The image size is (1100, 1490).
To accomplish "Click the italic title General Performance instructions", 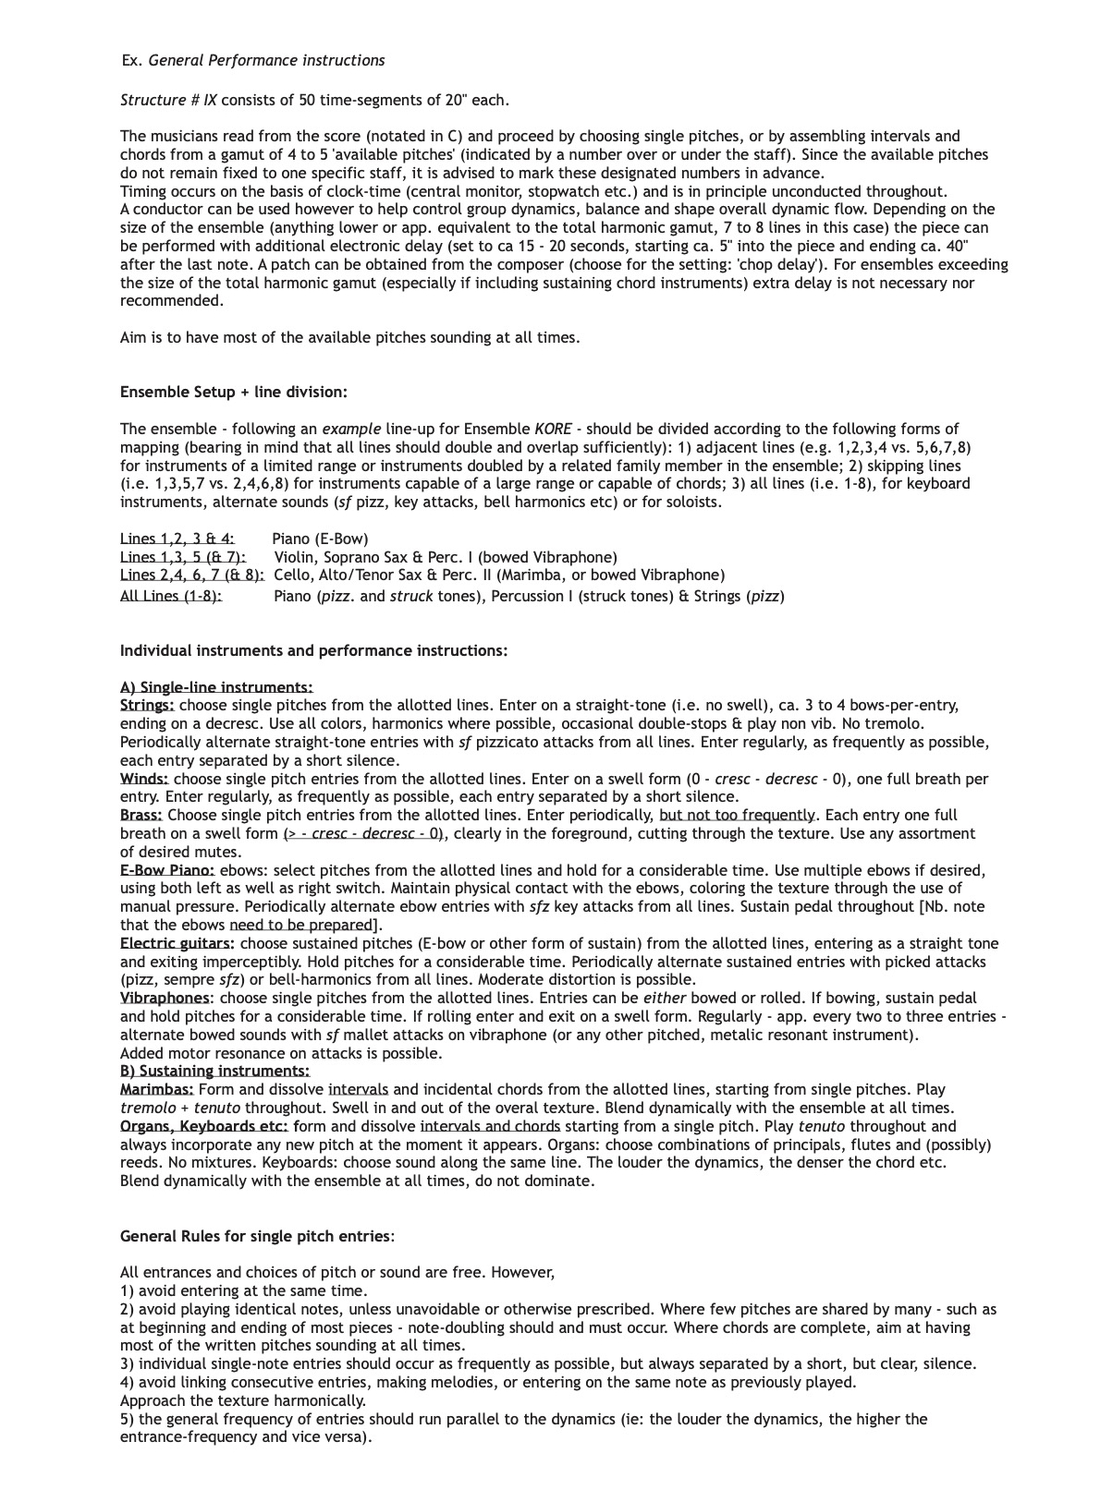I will coord(266,61).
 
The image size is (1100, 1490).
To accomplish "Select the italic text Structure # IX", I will coord(168,101).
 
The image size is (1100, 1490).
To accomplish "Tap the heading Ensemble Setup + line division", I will coord(233,393).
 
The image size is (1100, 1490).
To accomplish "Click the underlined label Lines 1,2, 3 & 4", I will coord(177,539).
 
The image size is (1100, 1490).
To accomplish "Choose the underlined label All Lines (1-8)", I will coord(171,597).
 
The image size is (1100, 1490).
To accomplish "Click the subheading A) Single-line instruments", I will coord(216,687).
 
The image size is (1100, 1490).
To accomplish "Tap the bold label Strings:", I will coord(147,706).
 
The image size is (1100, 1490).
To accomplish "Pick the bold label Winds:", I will coord(144,780).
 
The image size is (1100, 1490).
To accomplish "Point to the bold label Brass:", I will coord(141,816).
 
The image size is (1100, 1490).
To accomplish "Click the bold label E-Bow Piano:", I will coord(167,870).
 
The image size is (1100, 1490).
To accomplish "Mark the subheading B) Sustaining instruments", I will coord(214,1072).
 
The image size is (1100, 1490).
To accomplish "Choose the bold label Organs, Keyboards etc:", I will coord(204,1127).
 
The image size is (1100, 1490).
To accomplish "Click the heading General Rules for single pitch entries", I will coord(256,1237).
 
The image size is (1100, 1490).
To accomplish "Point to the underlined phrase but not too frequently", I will coord(738,816).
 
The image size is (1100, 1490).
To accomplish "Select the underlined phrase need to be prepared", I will coord(300,926).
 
